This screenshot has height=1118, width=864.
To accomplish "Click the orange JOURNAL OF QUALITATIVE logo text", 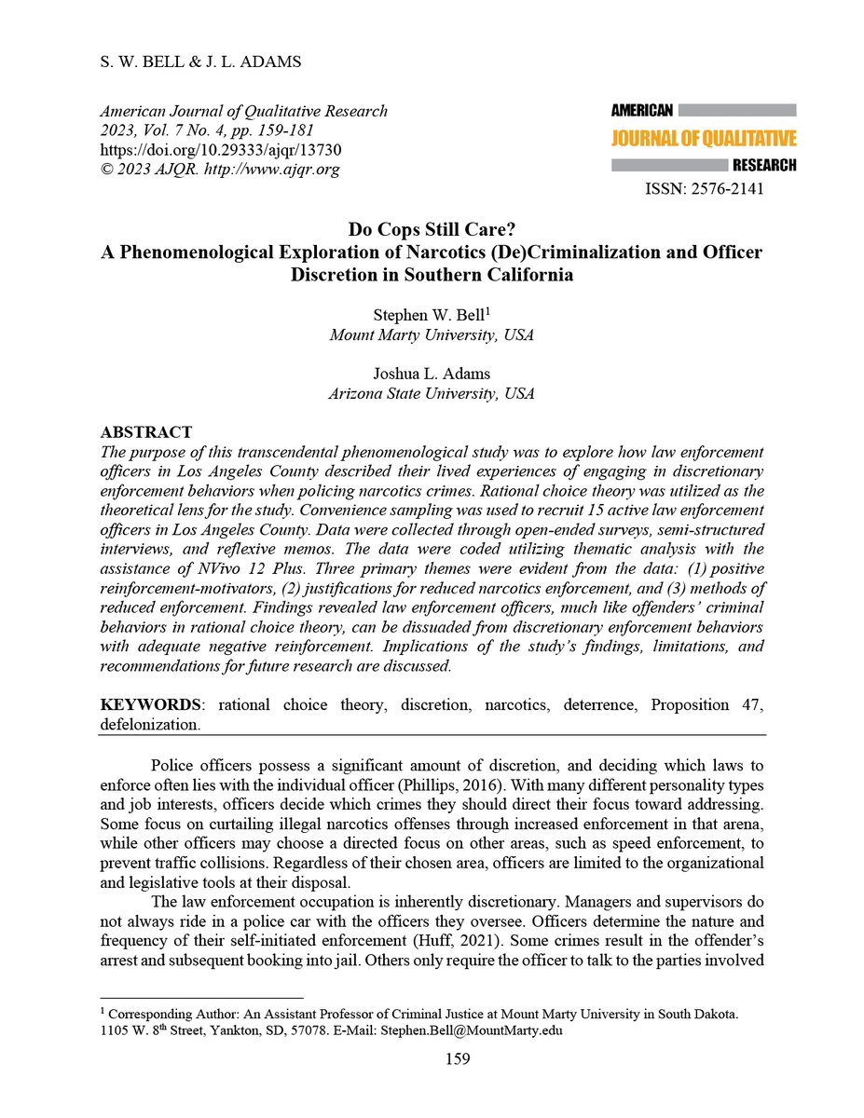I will tap(703, 140).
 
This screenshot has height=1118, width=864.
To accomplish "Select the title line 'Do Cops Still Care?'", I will tap(431, 231).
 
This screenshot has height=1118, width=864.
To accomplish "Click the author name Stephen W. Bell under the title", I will tap(428, 317).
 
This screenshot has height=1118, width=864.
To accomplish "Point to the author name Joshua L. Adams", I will tap(431, 375).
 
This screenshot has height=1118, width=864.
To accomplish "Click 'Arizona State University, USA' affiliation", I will tap(431, 393).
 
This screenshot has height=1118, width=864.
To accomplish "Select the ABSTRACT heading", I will tap(145, 432).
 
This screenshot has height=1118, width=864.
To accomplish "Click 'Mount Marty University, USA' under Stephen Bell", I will tap(431, 335).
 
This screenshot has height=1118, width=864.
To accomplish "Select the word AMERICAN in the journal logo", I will tap(642, 110).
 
